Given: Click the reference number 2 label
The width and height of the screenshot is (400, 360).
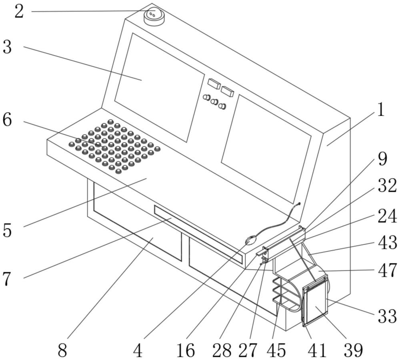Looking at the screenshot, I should (x=19, y=12).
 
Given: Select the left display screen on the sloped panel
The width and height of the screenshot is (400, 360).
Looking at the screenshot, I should (x=159, y=87).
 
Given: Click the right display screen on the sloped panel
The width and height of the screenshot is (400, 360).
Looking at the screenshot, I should (x=266, y=148).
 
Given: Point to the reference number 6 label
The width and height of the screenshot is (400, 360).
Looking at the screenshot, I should (x=7, y=120).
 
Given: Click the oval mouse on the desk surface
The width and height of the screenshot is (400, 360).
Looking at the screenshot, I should (x=250, y=240).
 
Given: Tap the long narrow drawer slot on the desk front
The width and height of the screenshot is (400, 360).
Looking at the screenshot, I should (x=198, y=234).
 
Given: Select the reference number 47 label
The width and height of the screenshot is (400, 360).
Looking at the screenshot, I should (x=386, y=270).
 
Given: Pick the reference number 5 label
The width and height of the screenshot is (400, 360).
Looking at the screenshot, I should (x=7, y=231).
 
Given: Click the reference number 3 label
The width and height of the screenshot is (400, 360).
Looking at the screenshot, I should (x=7, y=47).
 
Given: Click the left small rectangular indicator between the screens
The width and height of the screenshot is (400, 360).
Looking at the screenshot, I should (x=214, y=84).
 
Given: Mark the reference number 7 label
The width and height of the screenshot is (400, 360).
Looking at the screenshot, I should (x=7, y=279).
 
